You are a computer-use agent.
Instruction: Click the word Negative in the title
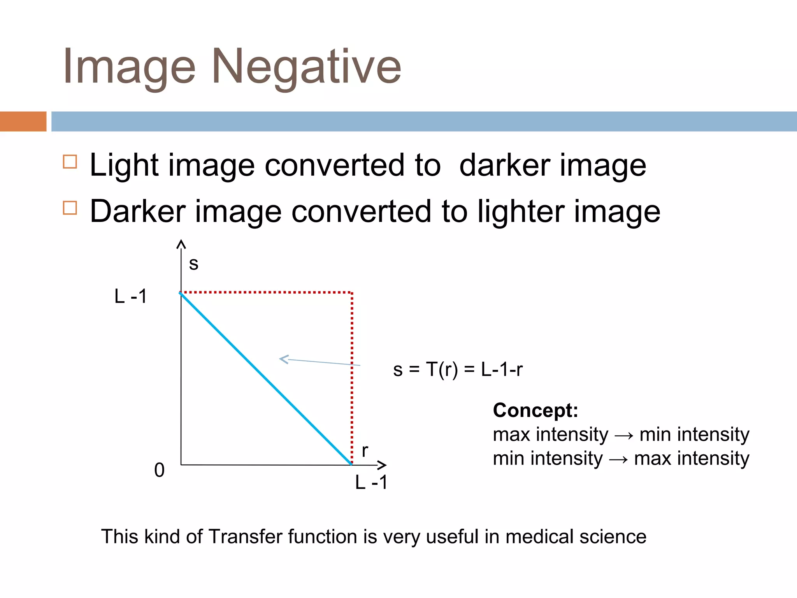(x=306, y=66)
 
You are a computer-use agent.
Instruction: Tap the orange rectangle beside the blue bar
(x=23, y=121)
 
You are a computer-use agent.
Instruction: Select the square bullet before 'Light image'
(x=70, y=161)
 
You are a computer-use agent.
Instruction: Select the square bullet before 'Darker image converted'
(x=70, y=208)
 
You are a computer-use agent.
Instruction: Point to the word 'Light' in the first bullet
(x=124, y=165)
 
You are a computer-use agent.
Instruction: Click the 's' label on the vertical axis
(x=193, y=264)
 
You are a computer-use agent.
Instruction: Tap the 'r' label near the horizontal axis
(x=365, y=451)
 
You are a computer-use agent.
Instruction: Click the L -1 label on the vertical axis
(x=131, y=296)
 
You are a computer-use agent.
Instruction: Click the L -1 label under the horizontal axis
(x=371, y=482)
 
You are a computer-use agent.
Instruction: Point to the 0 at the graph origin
(x=159, y=470)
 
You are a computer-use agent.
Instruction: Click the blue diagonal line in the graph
(x=266, y=378)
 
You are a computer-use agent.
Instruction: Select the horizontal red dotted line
(x=267, y=292)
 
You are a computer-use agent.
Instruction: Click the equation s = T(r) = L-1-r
(x=458, y=369)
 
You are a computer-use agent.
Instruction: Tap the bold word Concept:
(x=535, y=410)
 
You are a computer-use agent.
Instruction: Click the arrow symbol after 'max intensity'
(x=624, y=435)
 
